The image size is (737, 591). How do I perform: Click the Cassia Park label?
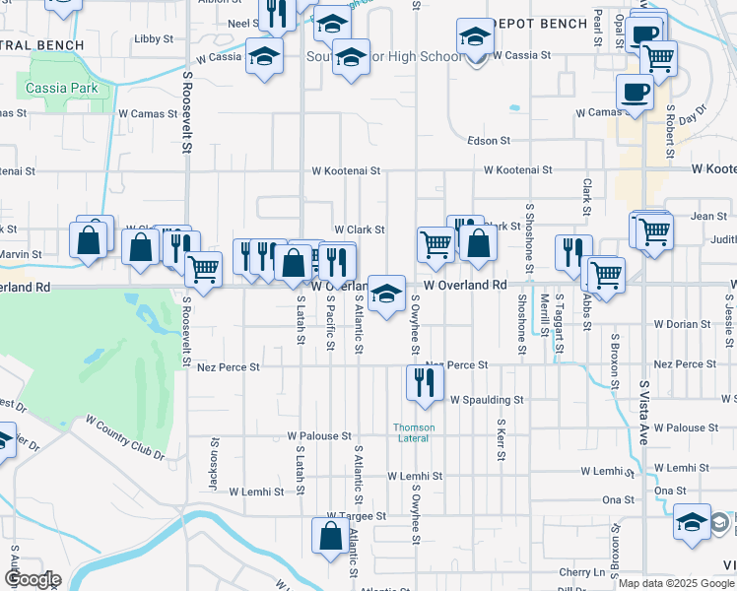pos(61,88)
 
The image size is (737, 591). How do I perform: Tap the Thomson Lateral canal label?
pos(414,432)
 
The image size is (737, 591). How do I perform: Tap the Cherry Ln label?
pos(582,572)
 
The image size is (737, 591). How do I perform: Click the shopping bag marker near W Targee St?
pos(329,536)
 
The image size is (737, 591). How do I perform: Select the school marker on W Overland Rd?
pos(386,293)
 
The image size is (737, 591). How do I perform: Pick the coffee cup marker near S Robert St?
pos(634,93)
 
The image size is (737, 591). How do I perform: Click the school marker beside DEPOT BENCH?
pos(475,38)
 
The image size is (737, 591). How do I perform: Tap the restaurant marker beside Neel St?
pos(276,12)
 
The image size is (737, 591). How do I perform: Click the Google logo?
pos(33,579)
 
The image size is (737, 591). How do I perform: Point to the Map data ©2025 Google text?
pos(675,583)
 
